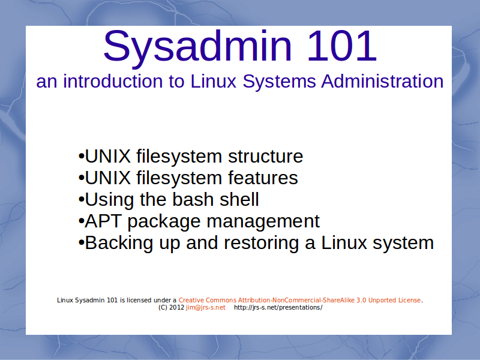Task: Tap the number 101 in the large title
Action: [x=341, y=46]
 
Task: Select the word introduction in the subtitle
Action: [x=113, y=82]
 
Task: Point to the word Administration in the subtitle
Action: [x=382, y=82]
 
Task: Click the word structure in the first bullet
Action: [x=265, y=156]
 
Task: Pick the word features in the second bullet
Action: [x=263, y=178]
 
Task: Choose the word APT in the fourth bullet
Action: [x=103, y=221]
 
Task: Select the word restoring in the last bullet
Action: [x=261, y=243]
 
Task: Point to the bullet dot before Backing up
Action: [x=81, y=243]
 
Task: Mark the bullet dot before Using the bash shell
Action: [x=81, y=200]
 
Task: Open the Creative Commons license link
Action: [x=299, y=301]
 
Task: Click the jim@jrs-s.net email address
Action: [x=206, y=308]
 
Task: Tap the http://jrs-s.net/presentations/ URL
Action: [x=278, y=308]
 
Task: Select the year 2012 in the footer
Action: [x=177, y=308]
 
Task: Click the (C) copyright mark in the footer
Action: [x=163, y=308]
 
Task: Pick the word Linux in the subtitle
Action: [x=214, y=82]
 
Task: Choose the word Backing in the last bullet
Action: [x=119, y=243]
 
